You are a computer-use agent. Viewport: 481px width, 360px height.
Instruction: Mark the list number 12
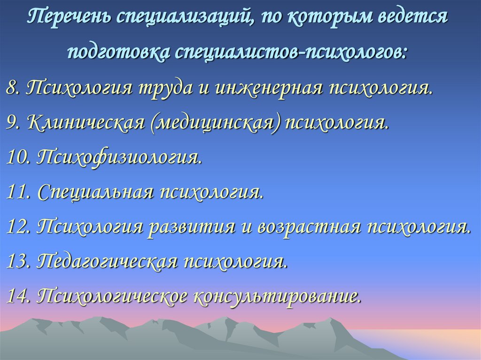19,227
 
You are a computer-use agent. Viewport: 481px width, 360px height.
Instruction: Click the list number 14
19,297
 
